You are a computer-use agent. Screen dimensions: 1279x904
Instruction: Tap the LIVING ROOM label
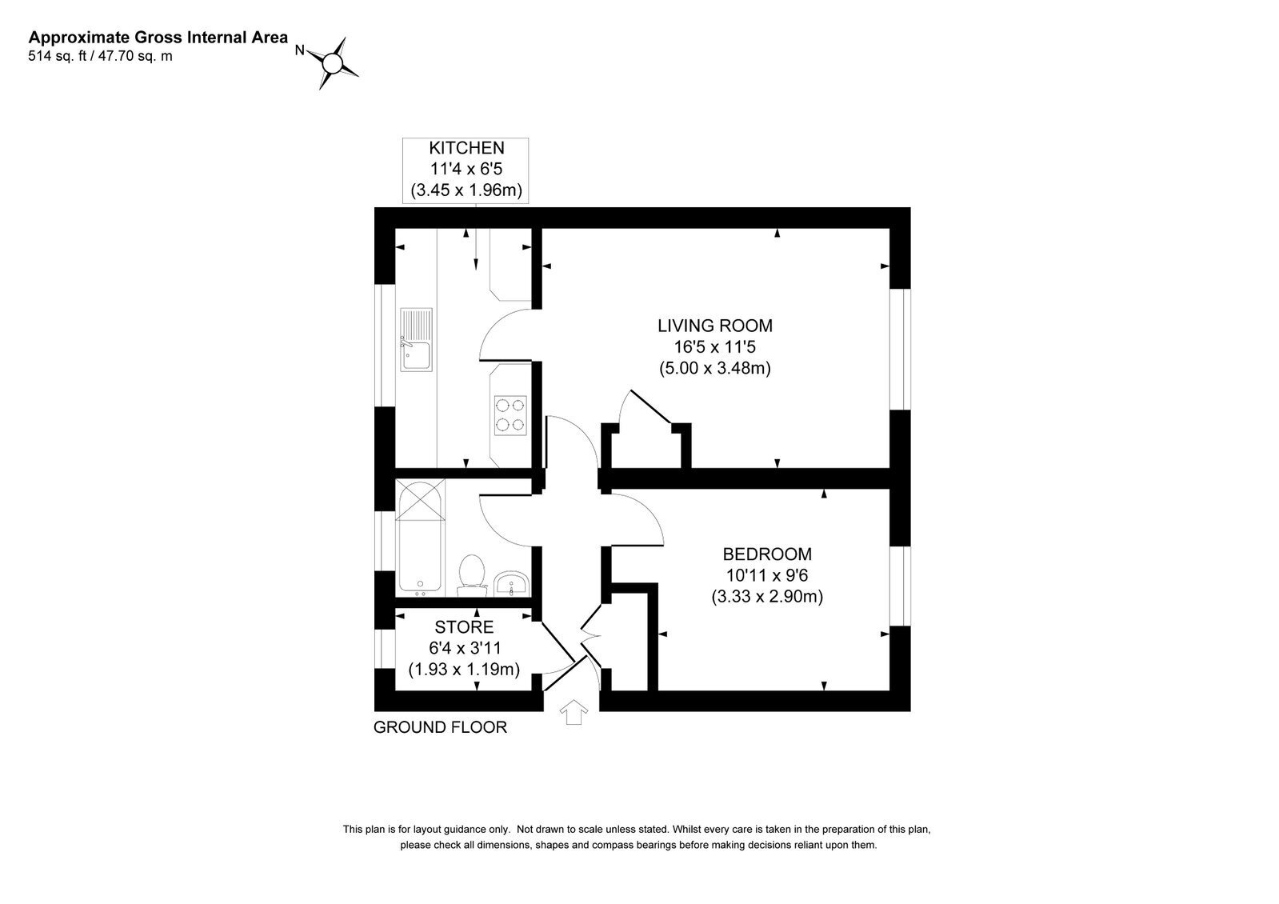(x=715, y=326)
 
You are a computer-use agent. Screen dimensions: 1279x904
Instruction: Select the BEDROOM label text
(x=767, y=554)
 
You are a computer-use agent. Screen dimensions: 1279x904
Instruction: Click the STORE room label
(x=464, y=627)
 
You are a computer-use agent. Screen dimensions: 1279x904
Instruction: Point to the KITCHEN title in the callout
(x=466, y=148)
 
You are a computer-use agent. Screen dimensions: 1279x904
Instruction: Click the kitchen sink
(x=416, y=340)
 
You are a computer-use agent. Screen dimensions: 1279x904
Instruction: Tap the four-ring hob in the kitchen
(x=510, y=415)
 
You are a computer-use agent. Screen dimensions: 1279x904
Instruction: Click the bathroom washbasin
(x=512, y=583)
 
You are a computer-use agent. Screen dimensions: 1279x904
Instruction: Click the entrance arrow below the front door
(x=574, y=712)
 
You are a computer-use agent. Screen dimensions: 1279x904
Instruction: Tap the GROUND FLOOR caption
(x=440, y=727)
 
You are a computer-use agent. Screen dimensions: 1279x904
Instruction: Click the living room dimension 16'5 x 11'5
(x=715, y=346)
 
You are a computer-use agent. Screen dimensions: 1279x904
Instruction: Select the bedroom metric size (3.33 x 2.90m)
(x=767, y=597)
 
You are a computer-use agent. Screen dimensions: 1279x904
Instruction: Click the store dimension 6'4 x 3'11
(x=465, y=648)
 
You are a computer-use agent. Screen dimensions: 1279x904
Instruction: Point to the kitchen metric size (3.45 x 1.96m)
(x=466, y=190)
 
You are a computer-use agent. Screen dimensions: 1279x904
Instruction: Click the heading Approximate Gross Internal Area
(x=158, y=38)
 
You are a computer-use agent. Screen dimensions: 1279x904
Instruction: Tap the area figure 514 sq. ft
(x=57, y=56)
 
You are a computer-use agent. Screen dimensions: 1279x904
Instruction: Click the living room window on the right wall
(x=901, y=350)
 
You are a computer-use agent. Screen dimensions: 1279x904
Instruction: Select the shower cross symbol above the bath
(x=420, y=500)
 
